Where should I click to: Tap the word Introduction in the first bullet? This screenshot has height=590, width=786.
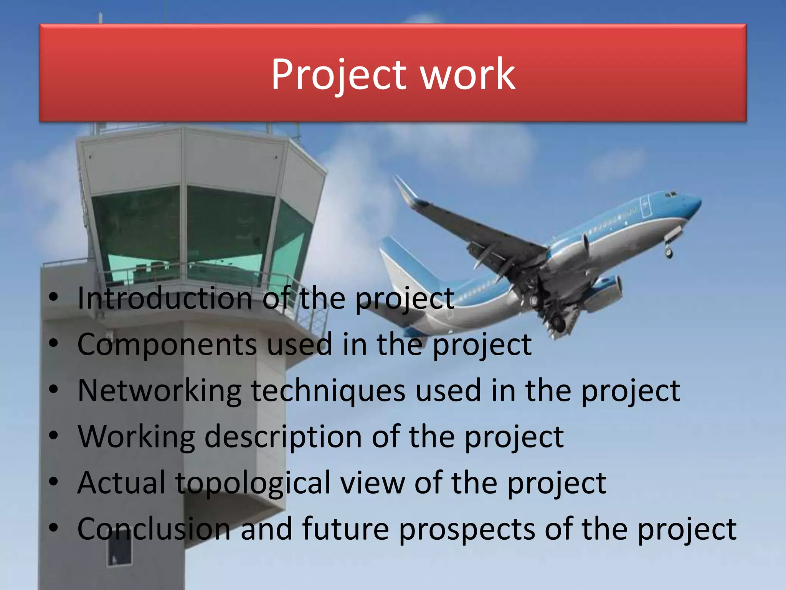(165, 298)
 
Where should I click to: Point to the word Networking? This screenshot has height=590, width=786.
(159, 391)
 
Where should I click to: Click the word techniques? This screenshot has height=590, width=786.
(328, 391)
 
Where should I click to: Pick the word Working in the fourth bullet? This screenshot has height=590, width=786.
(136, 437)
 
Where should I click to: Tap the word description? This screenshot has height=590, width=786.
(283, 437)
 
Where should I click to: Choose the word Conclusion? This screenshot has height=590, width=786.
(154, 529)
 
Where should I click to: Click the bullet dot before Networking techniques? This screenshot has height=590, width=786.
(54, 389)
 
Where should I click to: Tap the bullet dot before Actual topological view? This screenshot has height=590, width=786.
(54, 482)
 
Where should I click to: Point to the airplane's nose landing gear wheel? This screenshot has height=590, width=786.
(669, 252)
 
